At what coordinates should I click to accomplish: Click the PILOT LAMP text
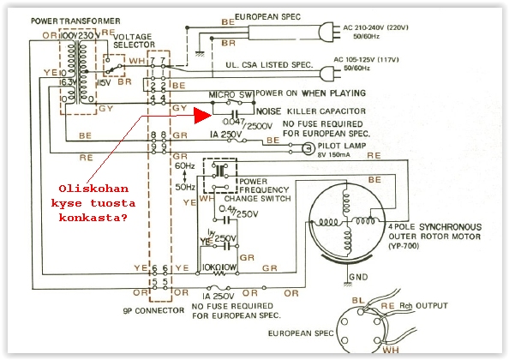338,147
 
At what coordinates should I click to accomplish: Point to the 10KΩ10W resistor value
222,267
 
